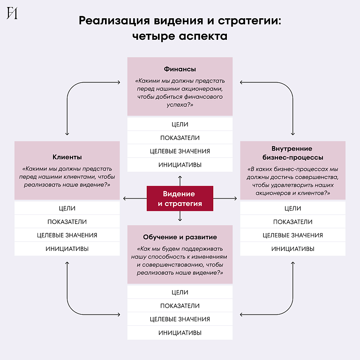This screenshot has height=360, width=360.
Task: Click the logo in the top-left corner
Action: coord(12,14)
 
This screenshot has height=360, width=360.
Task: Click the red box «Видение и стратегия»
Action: coord(180,198)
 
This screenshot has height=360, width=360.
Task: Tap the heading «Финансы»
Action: coord(180,69)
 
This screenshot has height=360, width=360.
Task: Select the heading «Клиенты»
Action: coord(67,157)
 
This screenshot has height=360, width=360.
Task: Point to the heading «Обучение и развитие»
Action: coord(180,237)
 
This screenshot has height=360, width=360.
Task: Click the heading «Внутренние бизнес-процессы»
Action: coord(293,153)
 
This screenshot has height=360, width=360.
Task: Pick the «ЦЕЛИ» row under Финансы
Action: coord(180,125)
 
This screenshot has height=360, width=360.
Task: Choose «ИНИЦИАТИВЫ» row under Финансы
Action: coord(180,165)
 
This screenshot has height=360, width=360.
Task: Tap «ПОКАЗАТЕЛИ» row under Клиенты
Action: coord(67,222)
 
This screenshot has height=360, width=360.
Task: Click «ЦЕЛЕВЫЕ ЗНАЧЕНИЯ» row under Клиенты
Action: coord(67,235)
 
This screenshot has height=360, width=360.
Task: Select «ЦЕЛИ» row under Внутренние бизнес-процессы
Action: coord(293,208)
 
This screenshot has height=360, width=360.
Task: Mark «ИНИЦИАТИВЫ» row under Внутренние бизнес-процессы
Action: coord(293,249)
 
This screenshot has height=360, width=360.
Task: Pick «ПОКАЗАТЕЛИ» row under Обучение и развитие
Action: coord(180,306)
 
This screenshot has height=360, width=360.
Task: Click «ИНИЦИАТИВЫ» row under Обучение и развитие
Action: coord(180,333)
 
